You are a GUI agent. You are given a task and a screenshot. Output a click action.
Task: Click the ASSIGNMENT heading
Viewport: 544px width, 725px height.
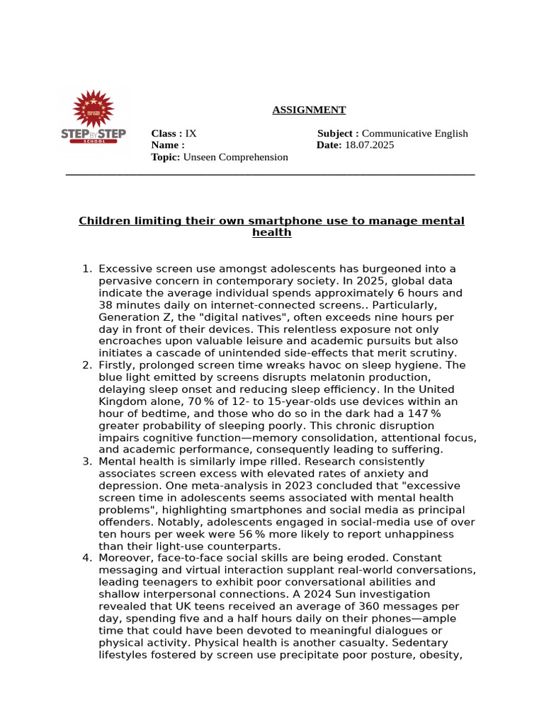(x=310, y=110)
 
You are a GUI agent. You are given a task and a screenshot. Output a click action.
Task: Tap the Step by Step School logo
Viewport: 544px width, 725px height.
(x=93, y=119)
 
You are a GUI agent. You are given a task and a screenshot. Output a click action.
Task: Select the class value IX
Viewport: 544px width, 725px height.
(x=191, y=134)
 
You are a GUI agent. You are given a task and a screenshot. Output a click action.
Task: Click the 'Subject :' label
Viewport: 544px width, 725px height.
(x=338, y=134)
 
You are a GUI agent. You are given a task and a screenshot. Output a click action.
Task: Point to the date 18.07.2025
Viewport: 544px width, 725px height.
(x=369, y=145)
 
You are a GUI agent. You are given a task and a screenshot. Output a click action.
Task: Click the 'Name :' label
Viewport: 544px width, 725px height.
(x=168, y=145)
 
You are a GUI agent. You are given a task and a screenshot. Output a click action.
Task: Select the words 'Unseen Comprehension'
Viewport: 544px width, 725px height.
(x=235, y=157)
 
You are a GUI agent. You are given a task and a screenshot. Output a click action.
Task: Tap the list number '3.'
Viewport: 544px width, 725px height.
(x=87, y=462)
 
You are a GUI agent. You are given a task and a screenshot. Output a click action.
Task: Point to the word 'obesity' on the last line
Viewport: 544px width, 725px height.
(x=442, y=655)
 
